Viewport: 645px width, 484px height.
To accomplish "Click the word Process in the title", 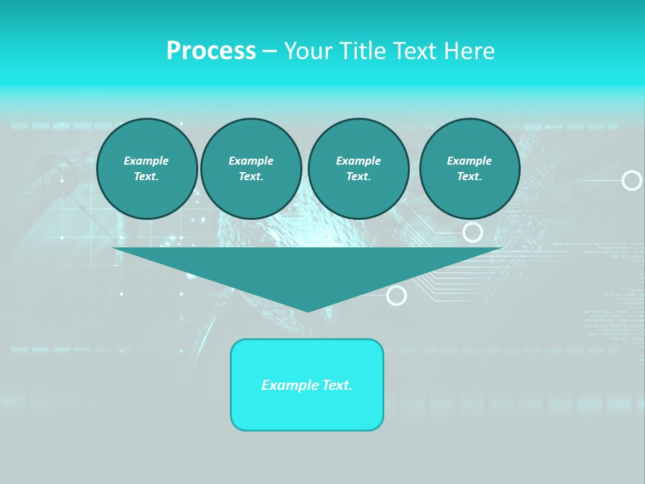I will point(211,50).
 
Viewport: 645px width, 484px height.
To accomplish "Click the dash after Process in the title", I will point(269,52).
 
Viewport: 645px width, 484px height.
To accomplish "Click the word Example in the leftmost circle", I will point(146,161).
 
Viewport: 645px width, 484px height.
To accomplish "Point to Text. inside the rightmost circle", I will point(470,176).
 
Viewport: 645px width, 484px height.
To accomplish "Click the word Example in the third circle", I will point(359,161).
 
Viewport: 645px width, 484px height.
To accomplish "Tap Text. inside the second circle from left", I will point(251,176).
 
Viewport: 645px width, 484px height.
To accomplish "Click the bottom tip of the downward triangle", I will point(308,311).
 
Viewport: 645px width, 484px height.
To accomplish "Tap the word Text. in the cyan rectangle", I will point(337,385).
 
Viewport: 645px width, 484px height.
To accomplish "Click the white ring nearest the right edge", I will point(632,180).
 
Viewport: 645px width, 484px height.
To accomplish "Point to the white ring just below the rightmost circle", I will point(473,233).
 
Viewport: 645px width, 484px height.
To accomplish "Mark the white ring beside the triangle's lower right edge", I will point(397,295).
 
